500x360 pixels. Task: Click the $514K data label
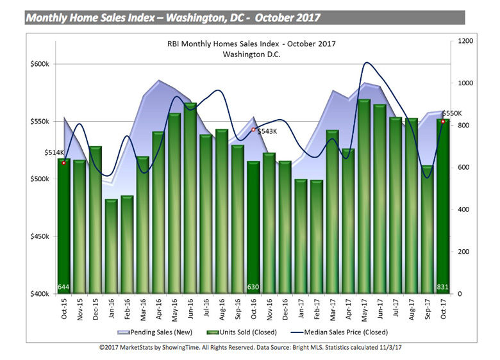coord(54,152)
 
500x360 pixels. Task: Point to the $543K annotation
coord(267,131)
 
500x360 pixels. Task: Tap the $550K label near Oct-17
coord(452,113)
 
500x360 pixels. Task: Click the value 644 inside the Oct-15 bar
coord(63,286)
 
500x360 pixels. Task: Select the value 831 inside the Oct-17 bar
coord(443,286)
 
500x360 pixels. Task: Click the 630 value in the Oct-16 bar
coord(253,286)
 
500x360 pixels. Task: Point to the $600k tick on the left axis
coord(40,64)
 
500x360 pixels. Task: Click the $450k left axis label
coord(40,236)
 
